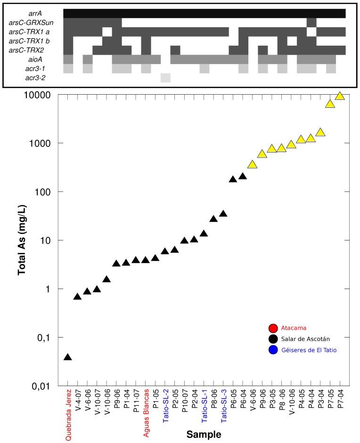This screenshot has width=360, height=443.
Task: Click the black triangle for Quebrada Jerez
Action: (x=68, y=357)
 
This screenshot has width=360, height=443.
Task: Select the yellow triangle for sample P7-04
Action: (x=340, y=97)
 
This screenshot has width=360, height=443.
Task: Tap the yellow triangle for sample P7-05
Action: (x=330, y=104)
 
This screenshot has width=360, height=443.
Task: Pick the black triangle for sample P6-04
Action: (x=243, y=177)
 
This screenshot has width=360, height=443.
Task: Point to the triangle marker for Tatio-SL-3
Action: (x=223, y=214)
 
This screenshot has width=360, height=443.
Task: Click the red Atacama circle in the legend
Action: (x=271, y=328)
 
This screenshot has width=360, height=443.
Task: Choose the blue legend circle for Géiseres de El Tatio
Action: (x=271, y=350)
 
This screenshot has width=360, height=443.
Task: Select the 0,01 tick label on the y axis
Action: (x=42, y=387)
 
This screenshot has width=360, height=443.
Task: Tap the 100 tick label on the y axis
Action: (x=44, y=192)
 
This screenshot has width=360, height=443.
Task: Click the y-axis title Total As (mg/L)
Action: (x=22, y=240)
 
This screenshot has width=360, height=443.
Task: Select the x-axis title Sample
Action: (x=203, y=434)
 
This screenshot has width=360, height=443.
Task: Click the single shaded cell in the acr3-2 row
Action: (x=165, y=78)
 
